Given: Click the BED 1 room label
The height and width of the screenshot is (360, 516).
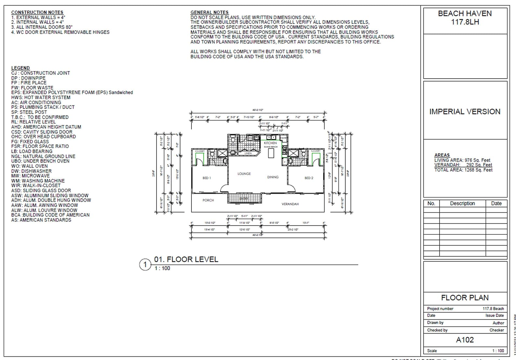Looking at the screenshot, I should (207, 178).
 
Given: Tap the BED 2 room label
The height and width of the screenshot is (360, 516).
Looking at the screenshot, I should (309, 178).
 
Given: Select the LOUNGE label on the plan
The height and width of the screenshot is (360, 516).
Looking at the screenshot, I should (244, 174).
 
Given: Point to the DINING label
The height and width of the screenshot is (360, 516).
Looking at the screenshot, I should (273, 177).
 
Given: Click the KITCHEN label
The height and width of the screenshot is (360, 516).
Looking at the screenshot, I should (270, 143).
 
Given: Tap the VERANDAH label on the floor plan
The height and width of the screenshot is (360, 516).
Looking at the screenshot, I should (290, 204).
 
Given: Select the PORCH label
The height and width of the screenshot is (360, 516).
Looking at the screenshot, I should (208, 200).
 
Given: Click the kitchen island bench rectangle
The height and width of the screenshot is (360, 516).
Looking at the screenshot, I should (271, 153).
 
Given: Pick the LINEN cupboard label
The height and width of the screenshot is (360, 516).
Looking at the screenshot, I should (248, 153).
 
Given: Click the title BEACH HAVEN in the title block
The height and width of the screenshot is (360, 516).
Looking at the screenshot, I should (465, 14).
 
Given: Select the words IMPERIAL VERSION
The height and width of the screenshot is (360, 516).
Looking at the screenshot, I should (465, 112).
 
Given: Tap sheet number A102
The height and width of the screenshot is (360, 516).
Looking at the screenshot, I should (465, 340).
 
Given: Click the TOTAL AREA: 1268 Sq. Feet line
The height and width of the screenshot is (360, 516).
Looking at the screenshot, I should (463, 170).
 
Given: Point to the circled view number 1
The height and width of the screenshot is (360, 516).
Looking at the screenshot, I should (145, 264).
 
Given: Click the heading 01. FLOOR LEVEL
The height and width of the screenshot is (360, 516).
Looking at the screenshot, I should (186, 259).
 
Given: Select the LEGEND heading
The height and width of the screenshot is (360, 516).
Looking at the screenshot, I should (20, 68).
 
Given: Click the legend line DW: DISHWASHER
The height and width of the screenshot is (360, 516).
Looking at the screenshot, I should (31, 171).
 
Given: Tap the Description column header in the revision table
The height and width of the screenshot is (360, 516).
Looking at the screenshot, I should (462, 203).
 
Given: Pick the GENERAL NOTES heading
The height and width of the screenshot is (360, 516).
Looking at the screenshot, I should (209, 12).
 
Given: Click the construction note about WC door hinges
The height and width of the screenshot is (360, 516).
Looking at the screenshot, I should (60, 32).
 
